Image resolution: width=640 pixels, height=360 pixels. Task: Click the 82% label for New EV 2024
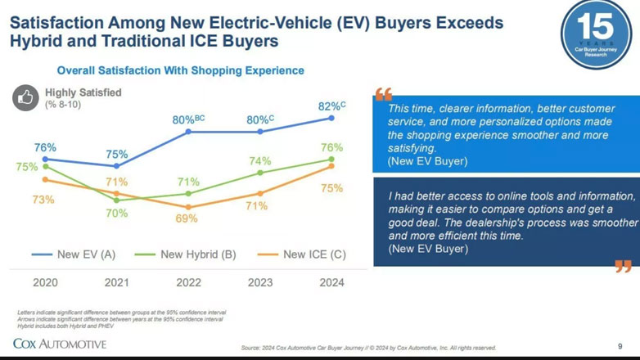click(x=331, y=106)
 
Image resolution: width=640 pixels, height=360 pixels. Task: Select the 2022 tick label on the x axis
click(x=188, y=283)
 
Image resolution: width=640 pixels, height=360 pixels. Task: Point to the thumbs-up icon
click(x=26, y=98)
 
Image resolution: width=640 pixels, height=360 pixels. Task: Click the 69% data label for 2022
click(x=187, y=219)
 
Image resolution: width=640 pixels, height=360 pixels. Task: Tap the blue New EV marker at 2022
click(x=189, y=131)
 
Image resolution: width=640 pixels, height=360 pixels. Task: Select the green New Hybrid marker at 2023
click(x=260, y=173)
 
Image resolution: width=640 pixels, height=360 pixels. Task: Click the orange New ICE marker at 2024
click(x=332, y=166)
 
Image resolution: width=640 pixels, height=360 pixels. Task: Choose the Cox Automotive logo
click(x=59, y=344)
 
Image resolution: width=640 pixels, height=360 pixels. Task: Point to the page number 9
click(x=620, y=347)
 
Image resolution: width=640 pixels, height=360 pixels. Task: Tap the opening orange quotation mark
click(x=384, y=94)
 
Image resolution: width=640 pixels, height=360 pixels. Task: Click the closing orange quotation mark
click(x=623, y=266)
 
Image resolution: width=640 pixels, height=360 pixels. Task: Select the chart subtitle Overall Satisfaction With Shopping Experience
click(x=180, y=70)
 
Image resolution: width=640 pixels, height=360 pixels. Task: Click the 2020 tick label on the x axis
click(x=45, y=283)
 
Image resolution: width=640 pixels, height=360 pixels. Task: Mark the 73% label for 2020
click(x=43, y=200)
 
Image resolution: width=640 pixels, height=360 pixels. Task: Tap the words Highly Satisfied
click(x=83, y=92)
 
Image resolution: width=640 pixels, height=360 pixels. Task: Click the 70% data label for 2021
click(x=116, y=214)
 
